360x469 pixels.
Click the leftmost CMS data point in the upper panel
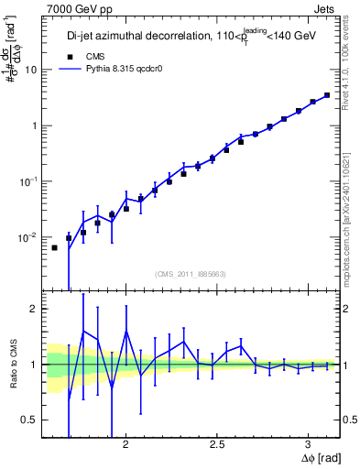(54, 247)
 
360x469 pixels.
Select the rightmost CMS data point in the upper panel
(327, 94)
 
